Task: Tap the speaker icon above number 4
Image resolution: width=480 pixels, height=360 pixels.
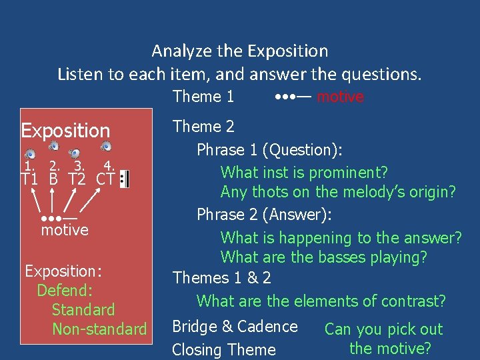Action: (105, 147)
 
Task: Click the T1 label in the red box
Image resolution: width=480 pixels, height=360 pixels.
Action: (29, 179)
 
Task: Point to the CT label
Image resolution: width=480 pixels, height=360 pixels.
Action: (105, 179)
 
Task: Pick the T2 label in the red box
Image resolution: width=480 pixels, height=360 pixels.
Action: (77, 179)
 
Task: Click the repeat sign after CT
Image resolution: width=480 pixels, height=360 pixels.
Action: (124, 179)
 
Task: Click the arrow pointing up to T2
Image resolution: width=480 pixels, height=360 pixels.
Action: (69, 200)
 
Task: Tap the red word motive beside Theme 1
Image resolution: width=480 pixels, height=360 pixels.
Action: (340, 97)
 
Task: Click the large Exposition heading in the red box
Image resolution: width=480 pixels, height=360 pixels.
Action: (65, 131)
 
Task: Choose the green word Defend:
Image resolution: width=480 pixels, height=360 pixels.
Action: (65, 291)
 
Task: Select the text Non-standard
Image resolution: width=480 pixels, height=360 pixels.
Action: (99, 329)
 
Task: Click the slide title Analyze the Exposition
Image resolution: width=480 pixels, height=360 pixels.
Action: (240, 51)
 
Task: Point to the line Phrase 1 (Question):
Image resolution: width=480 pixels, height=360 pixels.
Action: (269, 150)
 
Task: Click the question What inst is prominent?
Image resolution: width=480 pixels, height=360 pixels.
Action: (304, 172)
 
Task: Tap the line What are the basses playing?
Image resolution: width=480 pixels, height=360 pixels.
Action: (324, 257)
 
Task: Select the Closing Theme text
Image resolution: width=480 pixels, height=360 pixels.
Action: (223, 349)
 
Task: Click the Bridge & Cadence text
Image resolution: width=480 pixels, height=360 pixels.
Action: (235, 327)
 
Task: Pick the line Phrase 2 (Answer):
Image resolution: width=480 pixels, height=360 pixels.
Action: (265, 215)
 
